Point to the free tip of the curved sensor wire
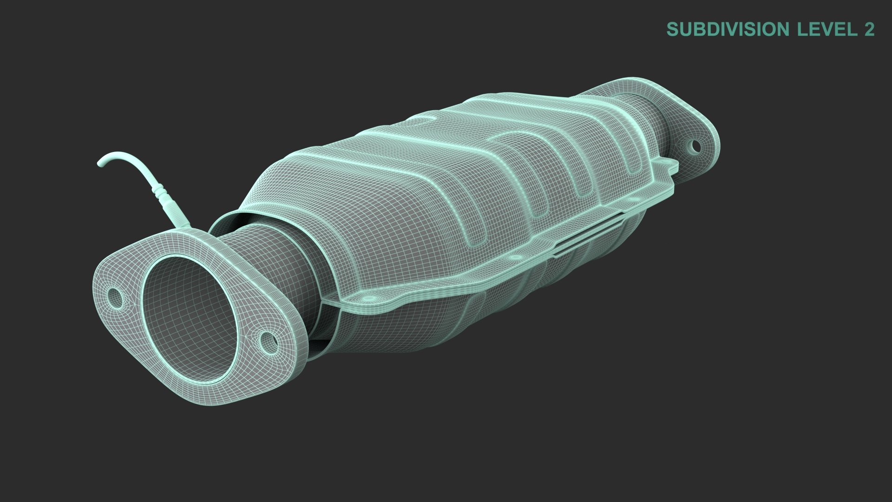point(101,162)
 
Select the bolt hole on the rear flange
point(695,146)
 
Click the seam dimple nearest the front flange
point(368,297)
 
